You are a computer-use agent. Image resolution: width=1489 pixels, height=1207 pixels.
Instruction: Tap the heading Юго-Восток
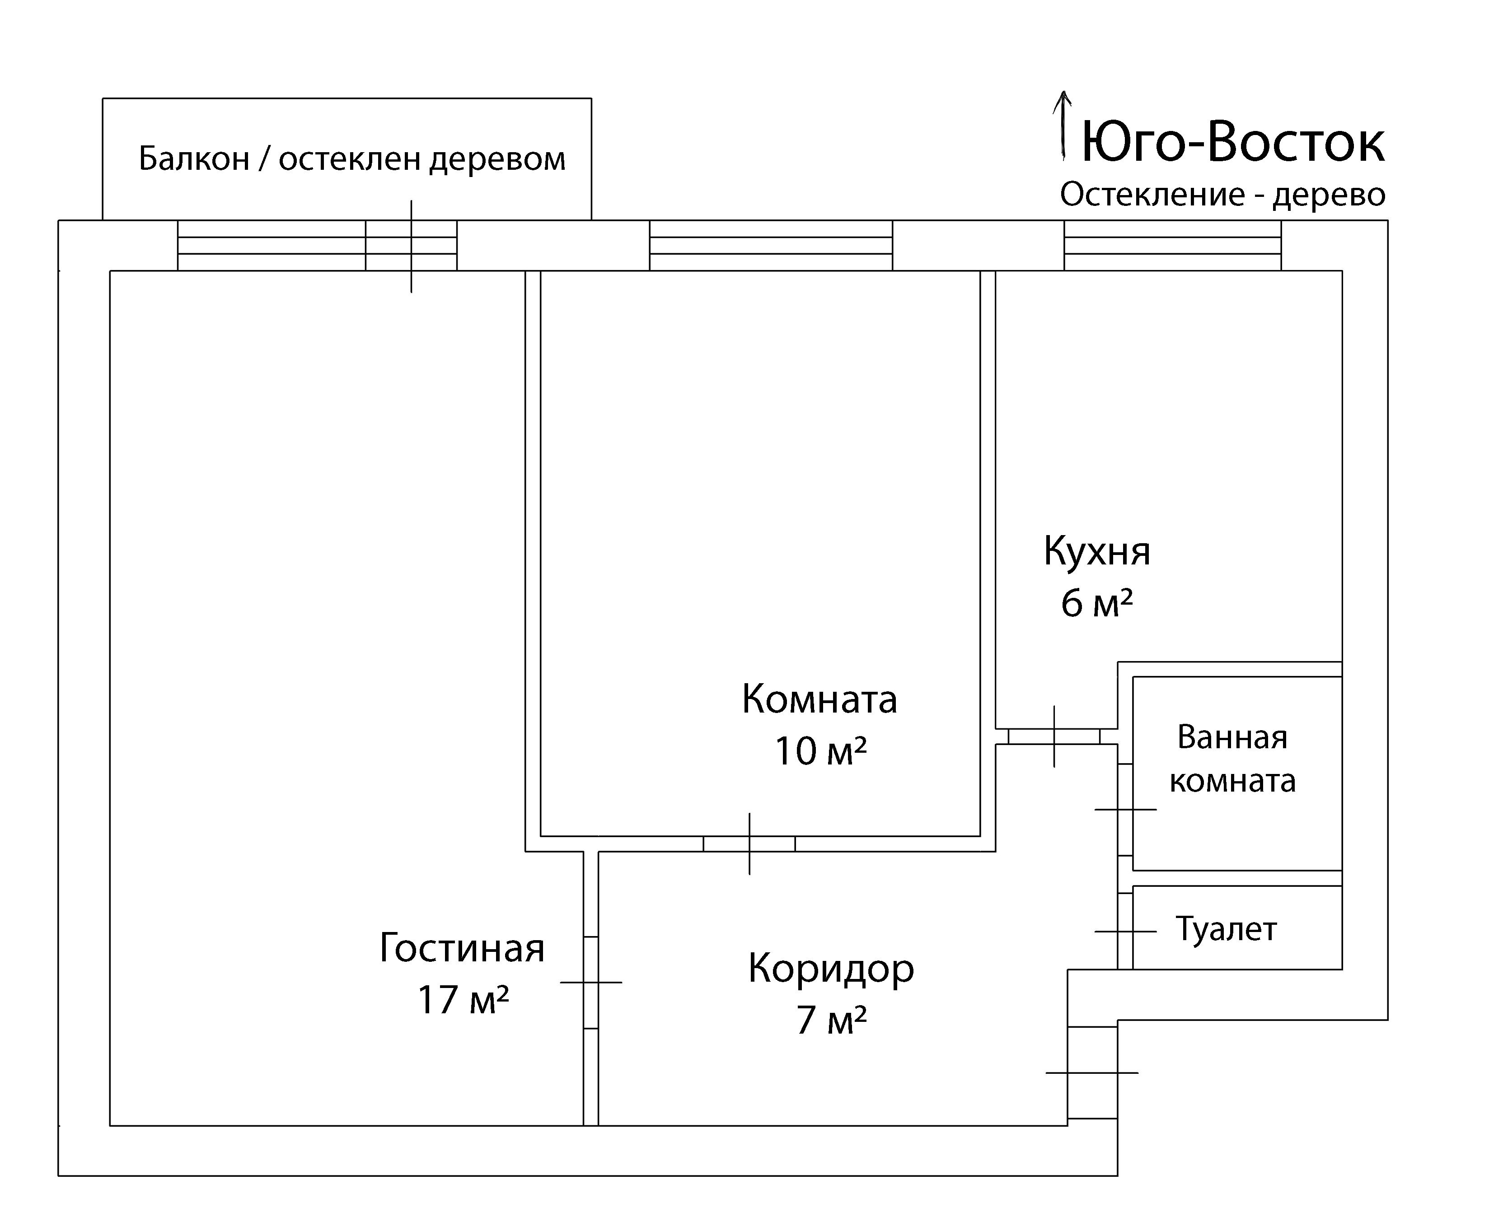click(x=1233, y=143)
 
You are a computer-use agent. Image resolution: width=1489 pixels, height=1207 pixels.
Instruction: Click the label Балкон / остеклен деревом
click(x=352, y=159)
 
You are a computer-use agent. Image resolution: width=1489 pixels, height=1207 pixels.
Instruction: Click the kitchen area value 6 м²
click(x=1097, y=602)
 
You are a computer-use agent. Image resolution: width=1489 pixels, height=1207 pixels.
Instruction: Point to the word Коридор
click(x=831, y=969)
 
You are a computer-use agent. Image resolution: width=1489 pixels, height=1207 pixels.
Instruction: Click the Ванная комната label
click(x=1232, y=759)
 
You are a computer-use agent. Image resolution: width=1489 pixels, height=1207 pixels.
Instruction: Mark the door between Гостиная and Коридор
click(x=590, y=983)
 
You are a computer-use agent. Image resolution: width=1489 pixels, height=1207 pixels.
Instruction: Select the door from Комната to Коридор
click(x=749, y=844)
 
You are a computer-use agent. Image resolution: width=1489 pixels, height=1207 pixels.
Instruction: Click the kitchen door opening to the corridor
click(x=1054, y=736)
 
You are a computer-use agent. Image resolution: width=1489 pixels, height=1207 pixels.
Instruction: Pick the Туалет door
click(x=1125, y=931)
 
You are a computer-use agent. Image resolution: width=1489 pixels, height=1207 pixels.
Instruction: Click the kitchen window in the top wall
click(x=1173, y=246)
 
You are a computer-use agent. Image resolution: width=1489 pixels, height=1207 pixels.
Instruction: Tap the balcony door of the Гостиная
click(x=411, y=246)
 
